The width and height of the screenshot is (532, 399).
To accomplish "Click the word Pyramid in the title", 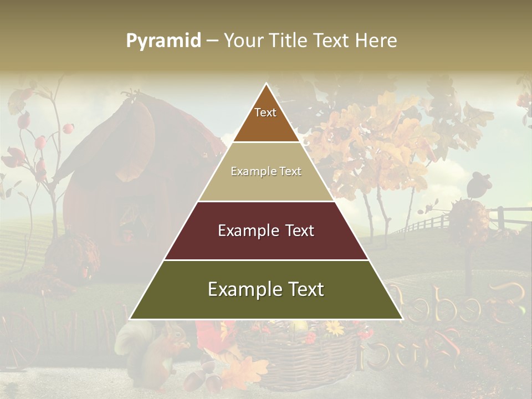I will [163, 41].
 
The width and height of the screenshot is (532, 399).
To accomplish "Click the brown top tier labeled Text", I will [266, 119].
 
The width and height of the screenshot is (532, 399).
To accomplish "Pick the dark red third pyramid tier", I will [266, 231].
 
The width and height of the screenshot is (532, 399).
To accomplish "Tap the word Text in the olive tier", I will [304, 290].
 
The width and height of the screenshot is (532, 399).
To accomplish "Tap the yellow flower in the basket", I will [335, 328].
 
